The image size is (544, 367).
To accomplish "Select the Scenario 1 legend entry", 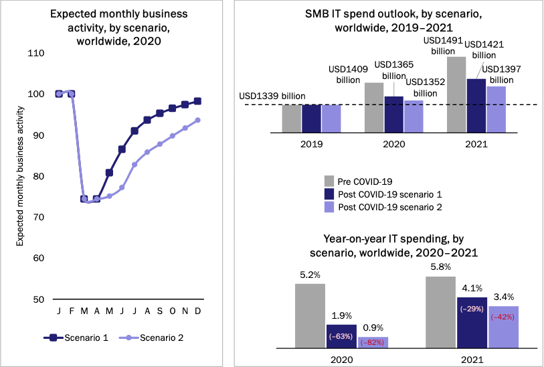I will click(76, 338).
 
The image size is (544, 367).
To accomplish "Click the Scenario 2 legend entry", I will click(151, 338).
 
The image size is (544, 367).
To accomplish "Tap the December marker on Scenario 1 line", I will click(197, 101).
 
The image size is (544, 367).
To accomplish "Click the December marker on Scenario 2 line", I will click(197, 120).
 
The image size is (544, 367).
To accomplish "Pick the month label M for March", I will click(84, 311).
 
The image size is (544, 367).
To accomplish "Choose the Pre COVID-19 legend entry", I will click(358, 181).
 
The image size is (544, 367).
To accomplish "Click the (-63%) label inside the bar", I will click(341, 336).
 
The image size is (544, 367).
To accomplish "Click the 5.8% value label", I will click(440, 267).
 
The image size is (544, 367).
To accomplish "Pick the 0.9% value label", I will click(373, 327).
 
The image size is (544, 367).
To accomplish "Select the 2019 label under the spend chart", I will click(312, 144).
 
